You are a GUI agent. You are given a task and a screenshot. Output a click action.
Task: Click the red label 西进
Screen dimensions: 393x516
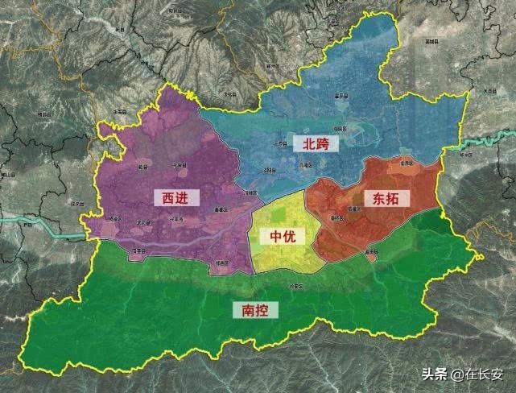[175, 196]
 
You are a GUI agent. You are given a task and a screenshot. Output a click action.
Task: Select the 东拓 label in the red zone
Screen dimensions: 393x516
[386, 197]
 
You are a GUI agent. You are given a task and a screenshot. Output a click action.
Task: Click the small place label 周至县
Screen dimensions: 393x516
[138, 251]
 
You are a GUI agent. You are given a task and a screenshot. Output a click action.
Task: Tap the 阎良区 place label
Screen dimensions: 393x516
[339, 127]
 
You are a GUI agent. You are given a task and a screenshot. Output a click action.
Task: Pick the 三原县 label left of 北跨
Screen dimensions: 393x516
[279, 143]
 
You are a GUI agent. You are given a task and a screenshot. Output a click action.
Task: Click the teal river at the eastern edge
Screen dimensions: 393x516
[483, 146]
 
